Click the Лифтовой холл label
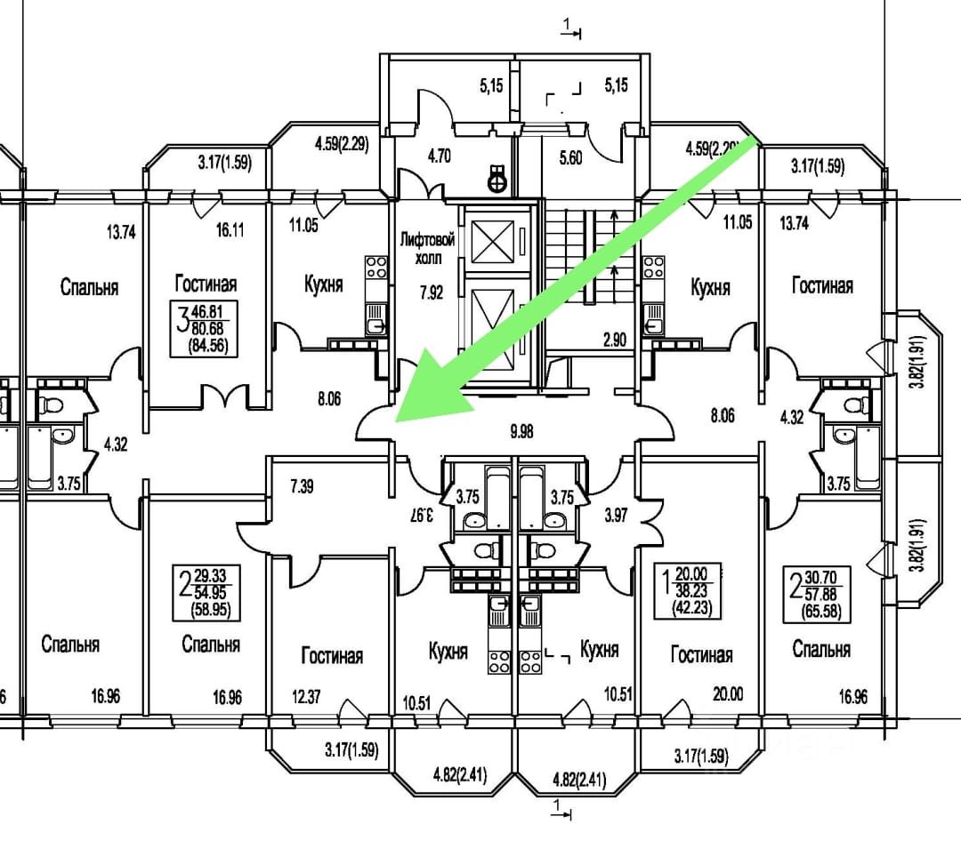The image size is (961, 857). click(428, 248)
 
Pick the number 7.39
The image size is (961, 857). click(303, 485)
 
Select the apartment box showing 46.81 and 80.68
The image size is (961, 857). click(206, 329)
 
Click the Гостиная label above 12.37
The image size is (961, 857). click(332, 656)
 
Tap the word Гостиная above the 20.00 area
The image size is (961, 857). click(701, 655)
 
